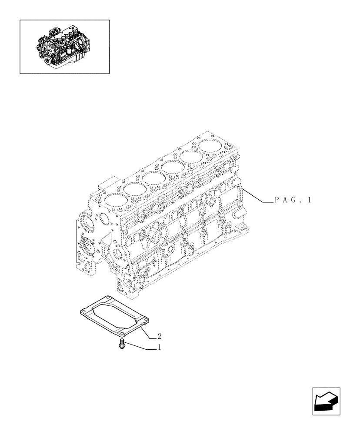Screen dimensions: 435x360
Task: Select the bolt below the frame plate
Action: (x=122, y=345)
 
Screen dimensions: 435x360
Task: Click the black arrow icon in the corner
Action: (x=326, y=401)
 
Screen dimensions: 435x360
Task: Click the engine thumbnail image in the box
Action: (x=64, y=46)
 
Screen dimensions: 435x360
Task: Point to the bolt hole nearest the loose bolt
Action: (x=123, y=335)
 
